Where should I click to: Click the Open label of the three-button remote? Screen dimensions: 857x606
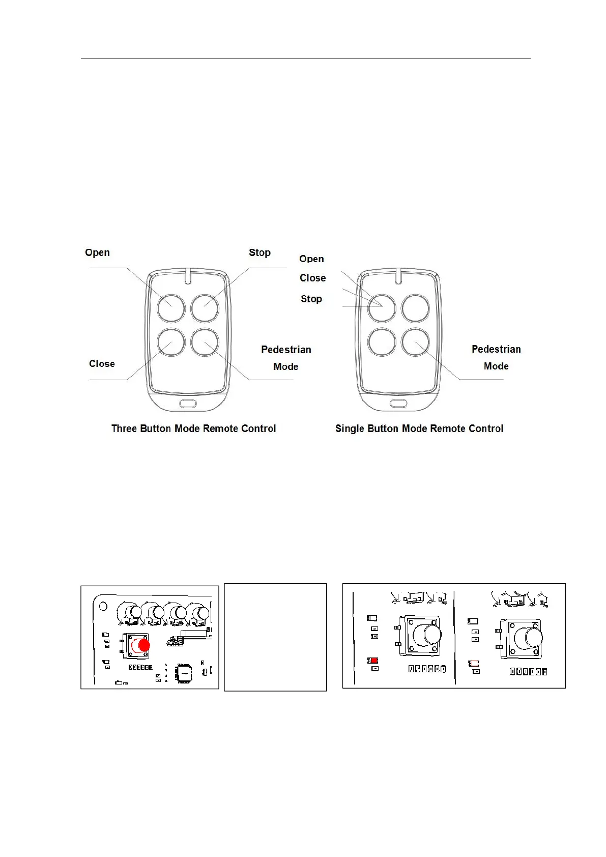(97, 253)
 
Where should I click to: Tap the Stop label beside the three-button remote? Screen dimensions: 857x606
(259, 253)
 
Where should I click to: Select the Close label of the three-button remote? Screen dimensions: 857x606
(102, 364)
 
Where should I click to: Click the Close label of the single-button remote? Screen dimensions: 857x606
(312, 278)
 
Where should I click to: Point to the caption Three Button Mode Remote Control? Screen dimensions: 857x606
(193, 428)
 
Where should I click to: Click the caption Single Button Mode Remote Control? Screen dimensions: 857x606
(419, 428)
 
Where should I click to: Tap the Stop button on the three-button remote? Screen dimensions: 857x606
(205, 308)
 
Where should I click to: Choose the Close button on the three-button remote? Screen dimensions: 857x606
(171, 342)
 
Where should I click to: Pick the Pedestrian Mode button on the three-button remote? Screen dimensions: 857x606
(205, 342)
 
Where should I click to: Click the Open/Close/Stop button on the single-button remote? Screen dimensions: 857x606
(382, 308)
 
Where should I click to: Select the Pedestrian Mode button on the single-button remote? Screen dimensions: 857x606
(415, 342)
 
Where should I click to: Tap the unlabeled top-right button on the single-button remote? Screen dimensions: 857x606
(415, 308)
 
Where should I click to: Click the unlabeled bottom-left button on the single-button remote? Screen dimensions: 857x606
(382, 342)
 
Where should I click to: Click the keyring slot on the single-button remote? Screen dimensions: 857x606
(398, 404)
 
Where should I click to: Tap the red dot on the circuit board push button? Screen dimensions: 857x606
(144, 646)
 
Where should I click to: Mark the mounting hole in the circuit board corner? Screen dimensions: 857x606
(103, 606)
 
